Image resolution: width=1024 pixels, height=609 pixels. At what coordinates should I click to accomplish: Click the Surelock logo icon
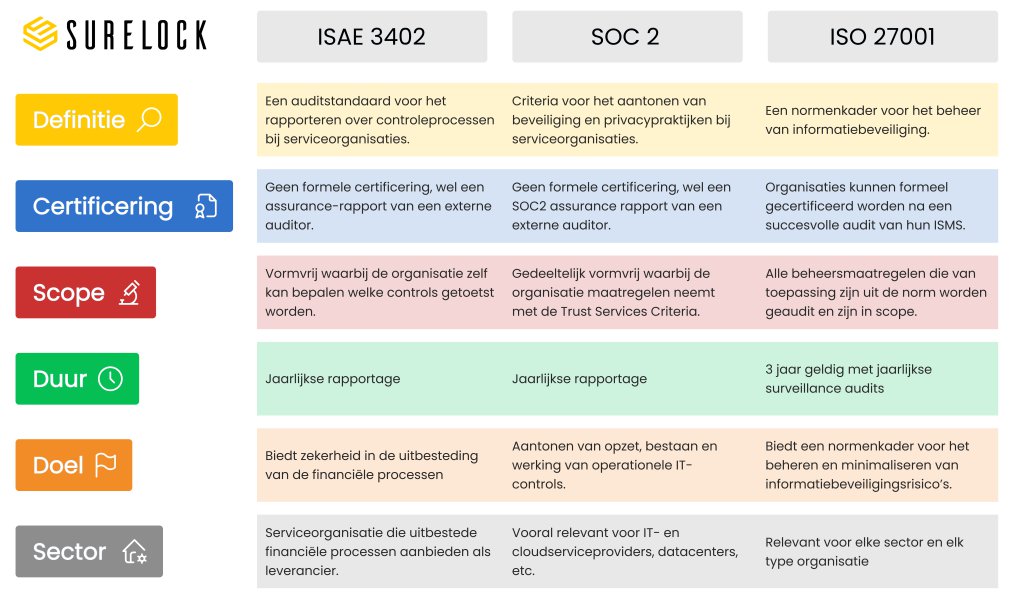point(41,34)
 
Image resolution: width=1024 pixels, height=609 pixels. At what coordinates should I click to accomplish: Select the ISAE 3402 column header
point(371,37)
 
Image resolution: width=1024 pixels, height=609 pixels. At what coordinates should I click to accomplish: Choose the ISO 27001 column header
point(882,37)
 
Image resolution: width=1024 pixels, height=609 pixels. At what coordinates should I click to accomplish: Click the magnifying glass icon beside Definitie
point(149,120)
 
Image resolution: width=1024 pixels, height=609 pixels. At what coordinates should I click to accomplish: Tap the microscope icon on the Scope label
point(128,293)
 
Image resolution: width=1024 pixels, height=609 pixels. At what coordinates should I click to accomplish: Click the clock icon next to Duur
point(110,379)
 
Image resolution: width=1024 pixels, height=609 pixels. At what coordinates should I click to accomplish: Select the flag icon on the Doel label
point(105,465)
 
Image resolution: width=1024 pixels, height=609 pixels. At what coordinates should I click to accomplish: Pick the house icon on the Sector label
point(134,552)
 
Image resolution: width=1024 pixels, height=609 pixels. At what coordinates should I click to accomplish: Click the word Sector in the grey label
point(69,552)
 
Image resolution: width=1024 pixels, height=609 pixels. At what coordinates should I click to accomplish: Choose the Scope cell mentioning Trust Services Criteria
point(625,292)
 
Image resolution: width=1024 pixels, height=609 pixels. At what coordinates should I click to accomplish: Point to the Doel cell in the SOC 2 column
point(625,465)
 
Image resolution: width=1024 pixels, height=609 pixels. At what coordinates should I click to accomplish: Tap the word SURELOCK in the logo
point(136,35)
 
